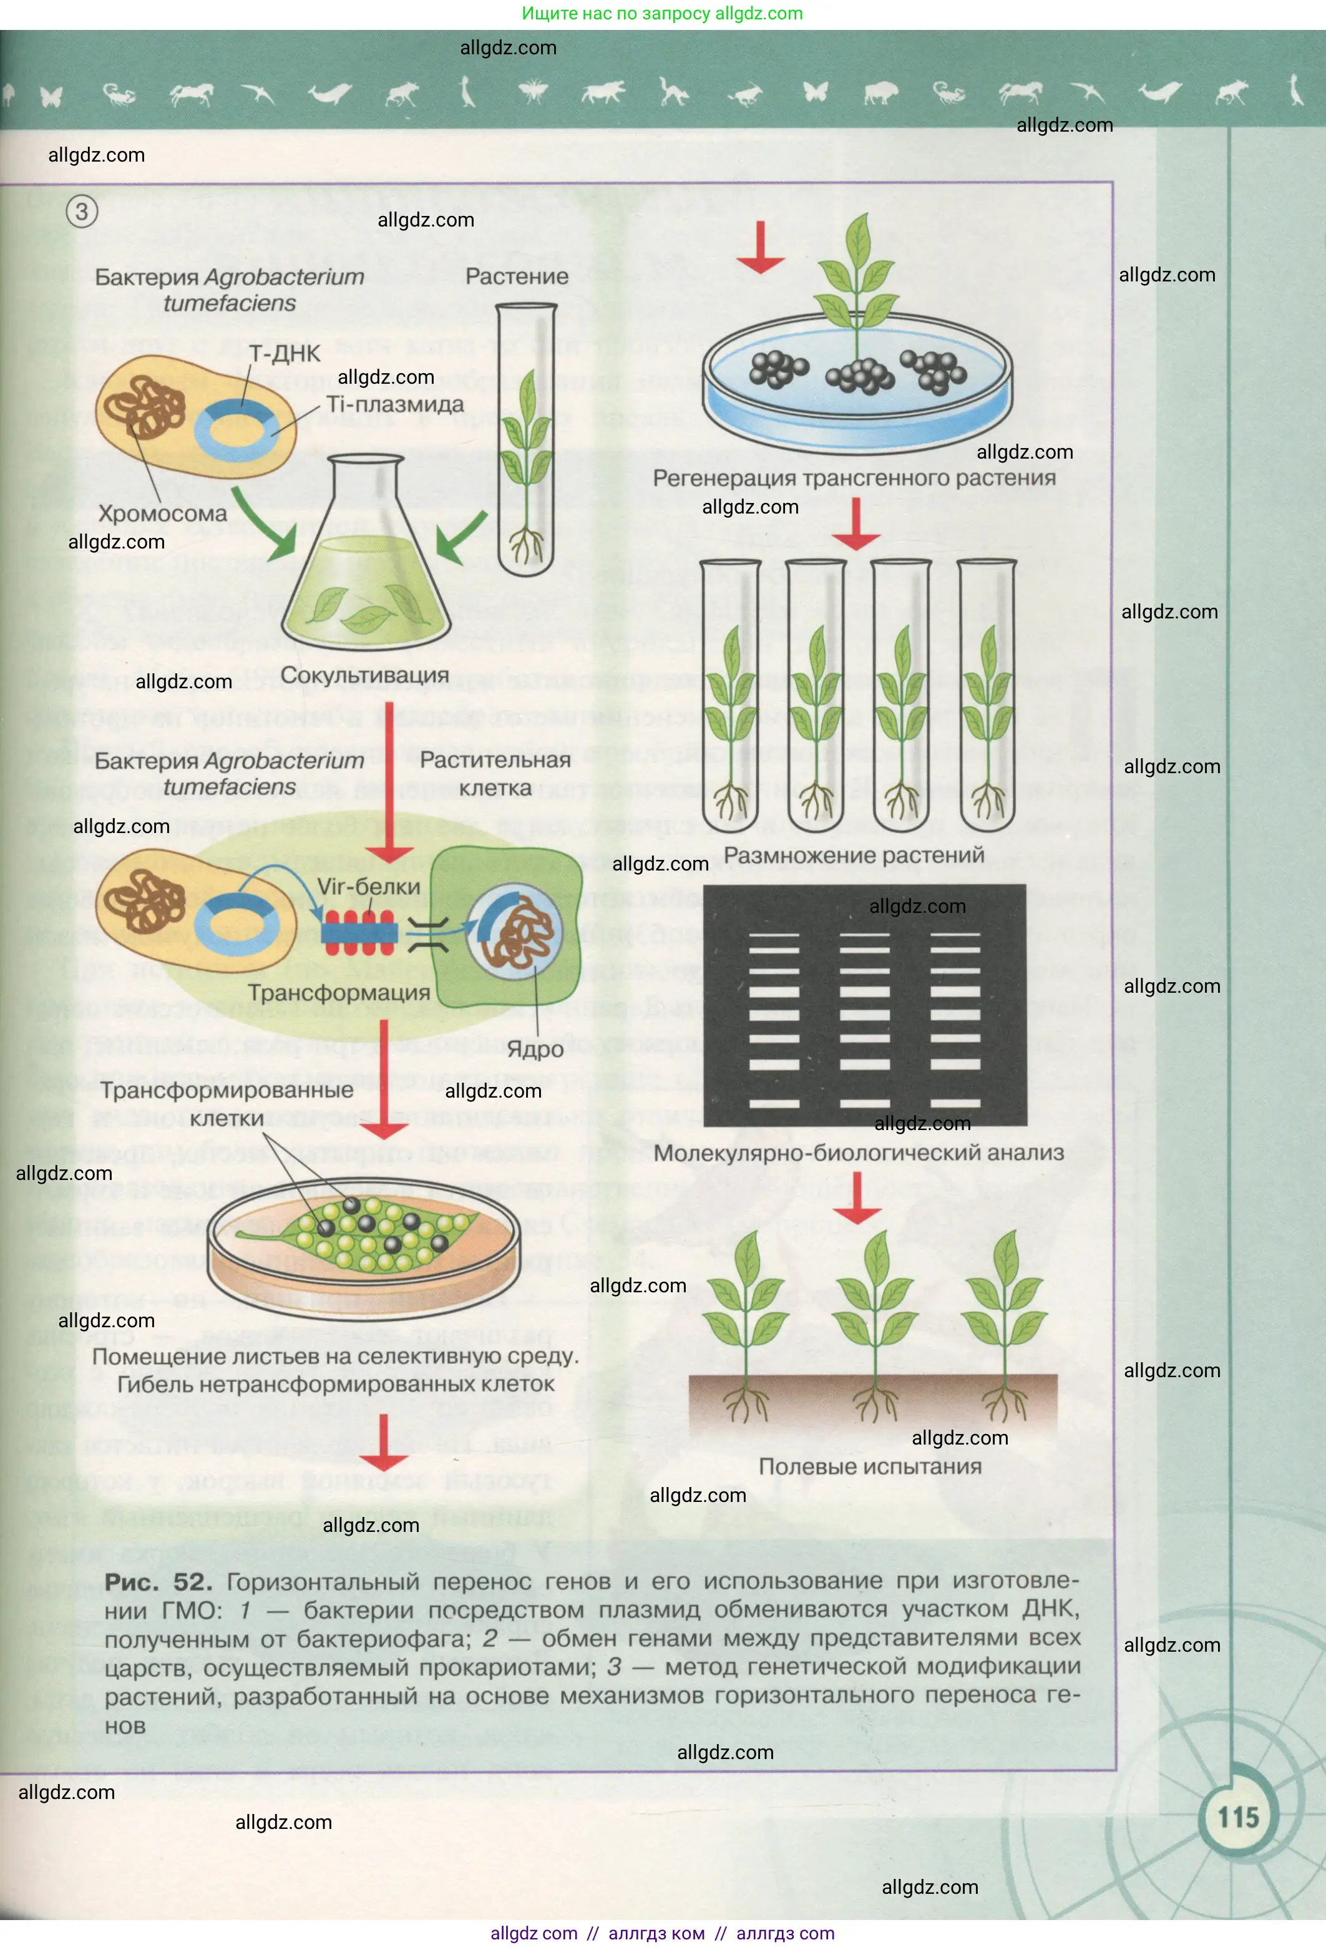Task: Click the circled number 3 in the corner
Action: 81,211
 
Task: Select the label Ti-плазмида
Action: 394,404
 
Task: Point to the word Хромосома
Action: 162,514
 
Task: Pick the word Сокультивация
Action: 364,675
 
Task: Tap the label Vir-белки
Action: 368,886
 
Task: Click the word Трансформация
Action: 338,993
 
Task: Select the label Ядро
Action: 535,1049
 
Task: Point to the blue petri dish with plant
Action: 857,378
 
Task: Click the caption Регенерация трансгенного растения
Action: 854,478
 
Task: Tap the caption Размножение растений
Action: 854,855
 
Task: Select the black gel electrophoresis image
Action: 864,1005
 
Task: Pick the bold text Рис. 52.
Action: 158,1582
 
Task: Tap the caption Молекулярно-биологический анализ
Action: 858,1153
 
